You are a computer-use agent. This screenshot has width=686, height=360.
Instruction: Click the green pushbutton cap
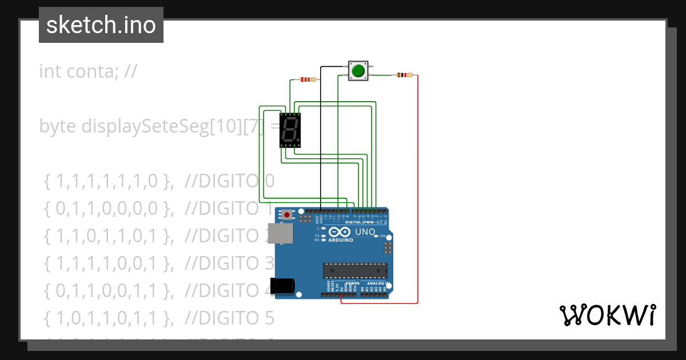[x=358, y=71]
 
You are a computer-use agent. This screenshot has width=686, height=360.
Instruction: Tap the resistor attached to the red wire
[x=405, y=75]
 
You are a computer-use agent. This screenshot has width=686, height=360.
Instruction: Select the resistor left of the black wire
[x=308, y=80]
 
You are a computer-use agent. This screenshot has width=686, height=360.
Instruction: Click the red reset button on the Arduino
[x=286, y=215]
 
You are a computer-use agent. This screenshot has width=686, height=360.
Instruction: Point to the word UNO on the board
[x=365, y=232]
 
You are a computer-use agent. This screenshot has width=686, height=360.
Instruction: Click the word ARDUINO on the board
[x=341, y=240]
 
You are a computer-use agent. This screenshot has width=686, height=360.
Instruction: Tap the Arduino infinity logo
[x=340, y=232]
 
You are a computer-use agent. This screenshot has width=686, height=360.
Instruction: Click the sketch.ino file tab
[x=101, y=25]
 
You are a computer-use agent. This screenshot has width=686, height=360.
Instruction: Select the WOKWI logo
[x=607, y=315]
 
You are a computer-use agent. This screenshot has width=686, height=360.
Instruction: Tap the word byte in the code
[x=58, y=126]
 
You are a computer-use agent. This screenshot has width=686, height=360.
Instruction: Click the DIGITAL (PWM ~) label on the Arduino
[x=366, y=222]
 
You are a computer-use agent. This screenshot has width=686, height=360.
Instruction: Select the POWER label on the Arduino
[x=353, y=283]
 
